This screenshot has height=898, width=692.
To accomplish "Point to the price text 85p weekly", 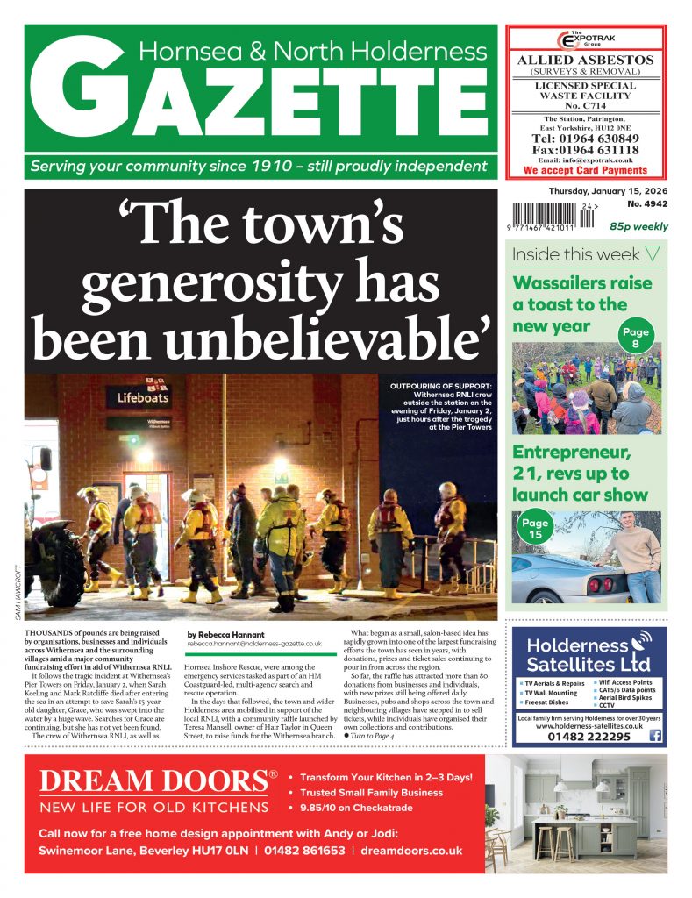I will pos(638,225).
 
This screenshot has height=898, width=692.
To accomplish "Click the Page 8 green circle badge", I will pos(635,339).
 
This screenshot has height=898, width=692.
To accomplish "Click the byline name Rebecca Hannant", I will pos(227,633).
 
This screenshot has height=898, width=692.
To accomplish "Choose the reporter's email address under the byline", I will pos(254,644).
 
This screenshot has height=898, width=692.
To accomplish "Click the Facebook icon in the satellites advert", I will pos(654,737).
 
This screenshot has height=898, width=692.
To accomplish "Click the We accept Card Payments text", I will pos(587,170).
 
